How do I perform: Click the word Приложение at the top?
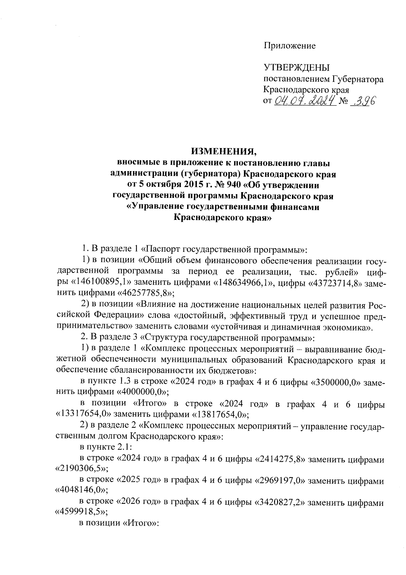click(290, 46)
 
